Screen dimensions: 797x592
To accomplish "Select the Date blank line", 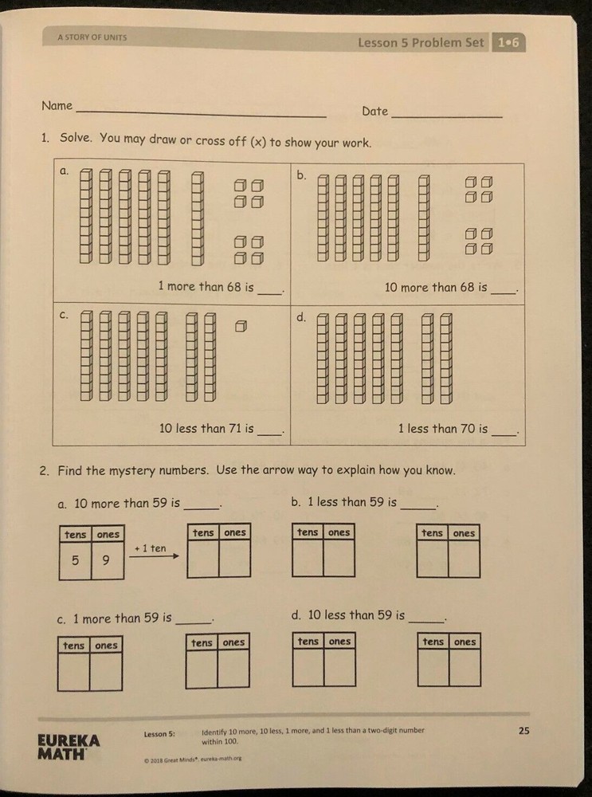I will [x=446, y=116].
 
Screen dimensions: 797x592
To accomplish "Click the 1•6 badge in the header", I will [x=508, y=43].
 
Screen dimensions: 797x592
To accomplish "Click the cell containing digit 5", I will [x=75, y=561].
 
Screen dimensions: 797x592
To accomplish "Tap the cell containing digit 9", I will [x=107, y=561].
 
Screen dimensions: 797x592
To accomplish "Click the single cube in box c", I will [x=241, y=325].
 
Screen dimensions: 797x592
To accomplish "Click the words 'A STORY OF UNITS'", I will [x=92, y=37].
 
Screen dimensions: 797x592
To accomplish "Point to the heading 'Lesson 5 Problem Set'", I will [x=420, y=43].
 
